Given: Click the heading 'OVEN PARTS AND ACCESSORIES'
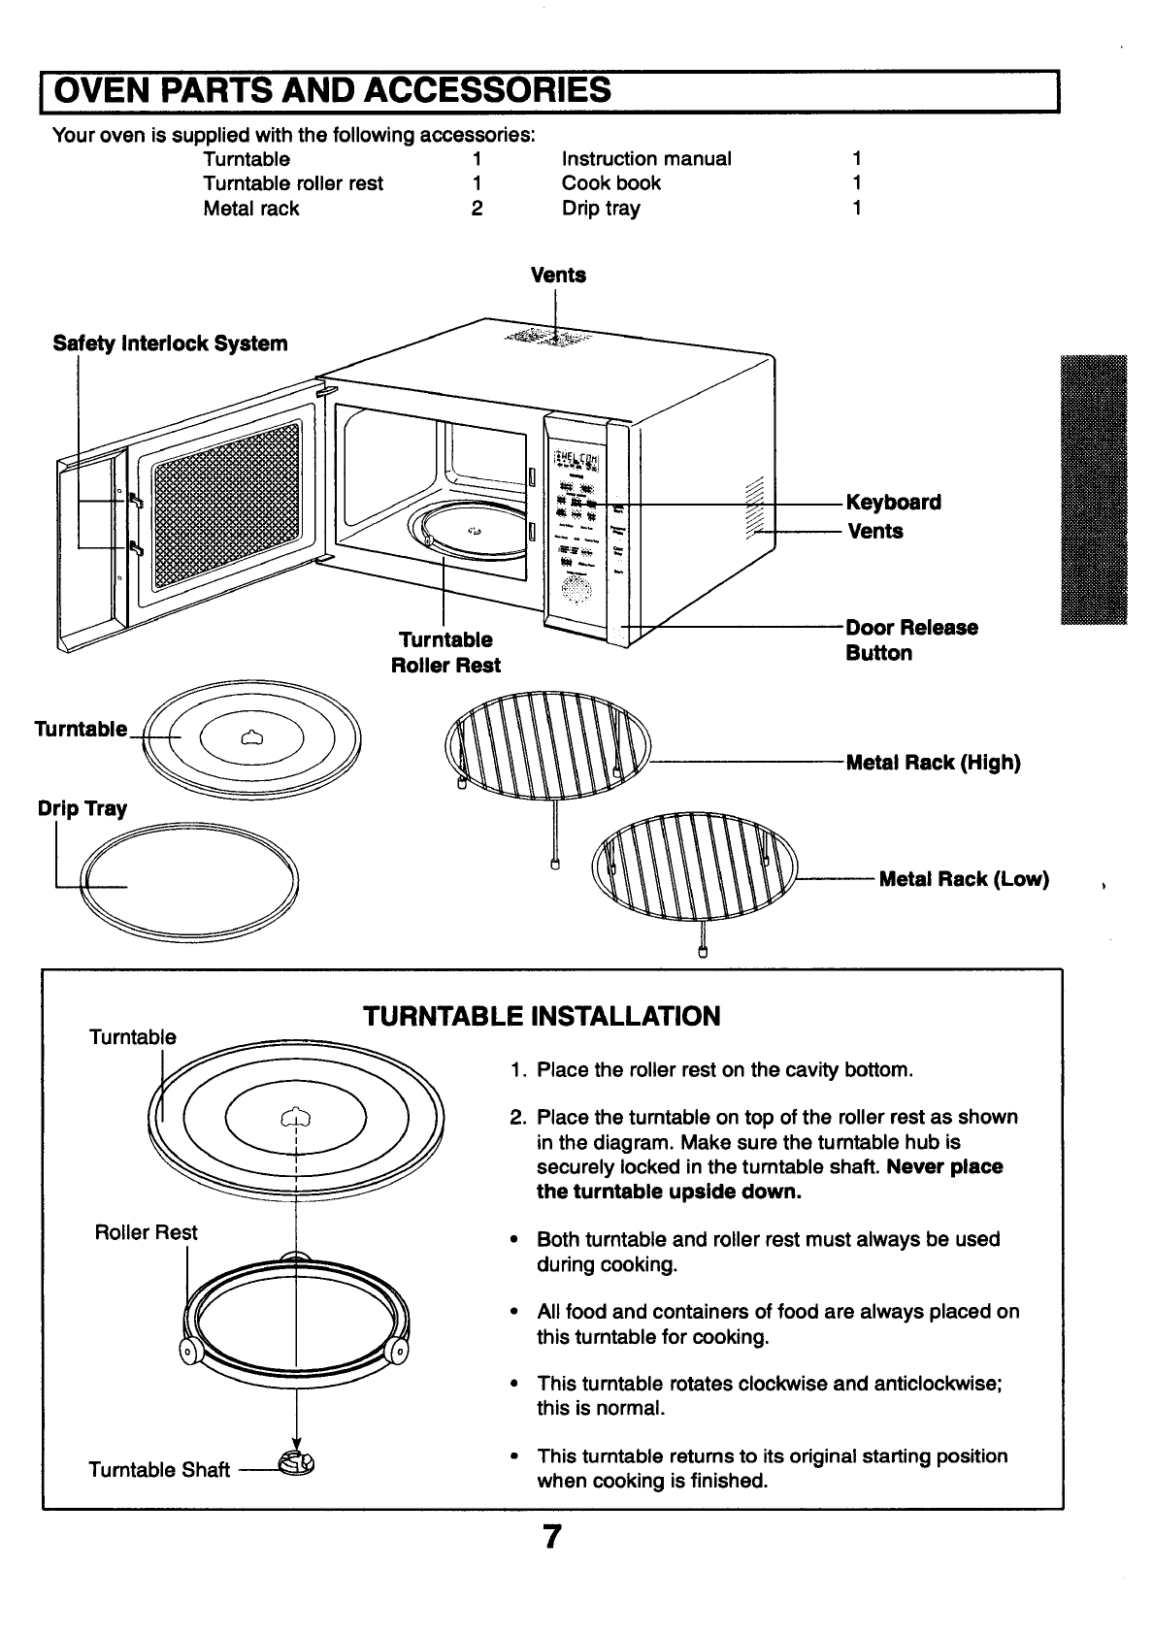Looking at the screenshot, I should (x=332, y=90).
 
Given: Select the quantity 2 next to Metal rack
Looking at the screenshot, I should (x=477, y=209).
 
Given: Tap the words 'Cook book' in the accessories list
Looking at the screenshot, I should (x=610, y=183).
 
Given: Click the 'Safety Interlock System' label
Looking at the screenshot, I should (x=170, y=343).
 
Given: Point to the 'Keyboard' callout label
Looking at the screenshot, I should (x=893, y=503).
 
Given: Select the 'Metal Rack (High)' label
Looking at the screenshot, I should (x=933, y=763).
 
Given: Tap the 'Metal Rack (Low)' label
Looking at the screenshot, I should (x=963, y=879).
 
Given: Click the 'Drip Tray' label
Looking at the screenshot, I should (x=82, y=809).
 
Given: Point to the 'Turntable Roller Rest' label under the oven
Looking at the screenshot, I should (x=445, y=652).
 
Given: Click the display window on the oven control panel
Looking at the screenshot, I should (x=576, y=460).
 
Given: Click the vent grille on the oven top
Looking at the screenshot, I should (x=547, y=338).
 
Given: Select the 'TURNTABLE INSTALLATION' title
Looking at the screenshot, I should (x=541, y=1017).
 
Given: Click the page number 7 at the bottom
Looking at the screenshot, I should (x=551, y=1539).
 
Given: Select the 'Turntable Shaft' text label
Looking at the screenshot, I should (x=159, y=1470).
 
